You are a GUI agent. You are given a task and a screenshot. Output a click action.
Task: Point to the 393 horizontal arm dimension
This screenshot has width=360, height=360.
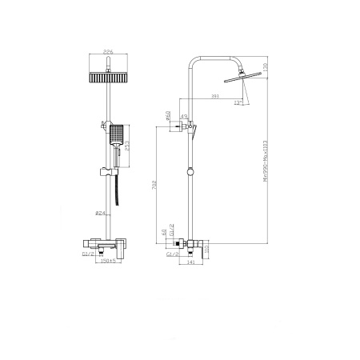(x=214, y=97)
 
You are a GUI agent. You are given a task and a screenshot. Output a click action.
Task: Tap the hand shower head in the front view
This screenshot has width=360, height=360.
(x=116, y=135)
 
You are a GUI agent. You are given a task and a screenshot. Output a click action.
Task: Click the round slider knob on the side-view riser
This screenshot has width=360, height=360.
(x=191, y=170)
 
